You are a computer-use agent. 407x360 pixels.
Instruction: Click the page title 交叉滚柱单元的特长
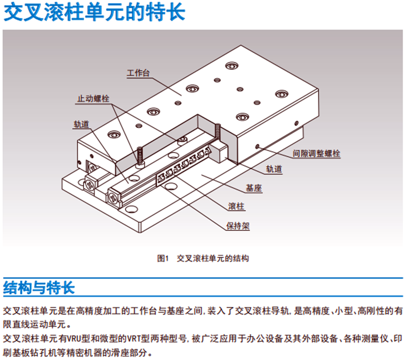point(94,12)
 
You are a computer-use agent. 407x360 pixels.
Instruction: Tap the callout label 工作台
point(138,73)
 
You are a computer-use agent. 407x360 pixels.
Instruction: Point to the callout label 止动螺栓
point(93,98)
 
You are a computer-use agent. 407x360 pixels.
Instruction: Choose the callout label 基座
point(253,188)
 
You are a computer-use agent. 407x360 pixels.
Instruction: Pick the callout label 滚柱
point(238,207)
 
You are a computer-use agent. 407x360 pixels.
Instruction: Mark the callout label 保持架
point(238,225)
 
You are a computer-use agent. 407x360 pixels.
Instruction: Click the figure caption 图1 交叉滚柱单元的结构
point(203,258)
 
